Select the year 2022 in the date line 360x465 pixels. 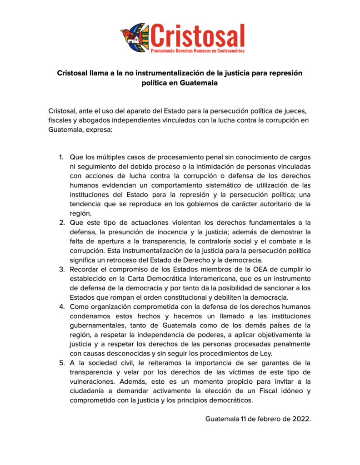(301, 418)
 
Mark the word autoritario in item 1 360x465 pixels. (270, 204)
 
